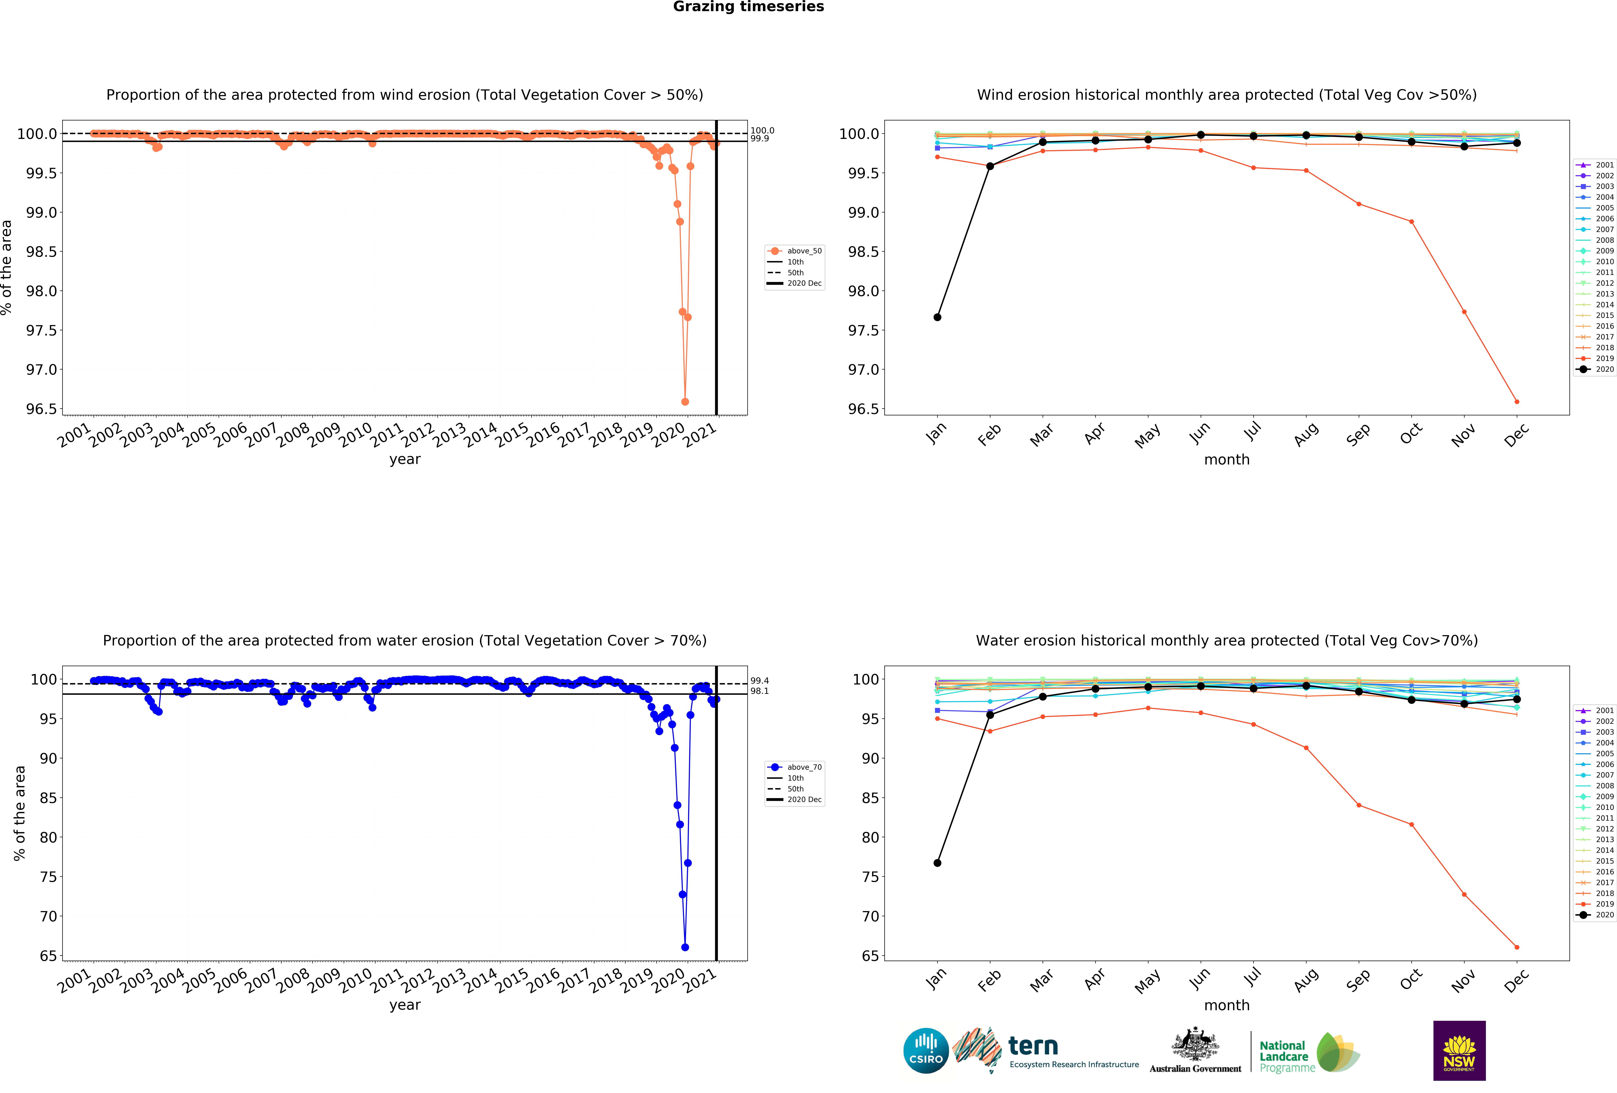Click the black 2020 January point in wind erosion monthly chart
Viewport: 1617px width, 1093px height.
click(x=937, y=317)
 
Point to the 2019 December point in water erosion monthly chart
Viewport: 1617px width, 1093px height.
click(x=1517, y=947)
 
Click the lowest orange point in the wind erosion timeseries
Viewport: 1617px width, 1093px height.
click(x=685, y=402)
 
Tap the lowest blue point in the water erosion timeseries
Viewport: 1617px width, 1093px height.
click(x=685, y=947)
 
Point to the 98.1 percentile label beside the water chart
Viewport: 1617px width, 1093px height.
click(x=759, y=691)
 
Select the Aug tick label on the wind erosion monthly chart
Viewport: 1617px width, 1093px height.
click(x=1306, y=434)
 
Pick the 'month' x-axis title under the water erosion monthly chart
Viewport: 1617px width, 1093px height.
click(x=1227, y=1005)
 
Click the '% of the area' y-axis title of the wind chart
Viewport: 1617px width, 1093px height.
click(x=7, y=267)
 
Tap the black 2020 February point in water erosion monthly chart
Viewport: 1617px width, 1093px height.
click(x=990, y=715)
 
